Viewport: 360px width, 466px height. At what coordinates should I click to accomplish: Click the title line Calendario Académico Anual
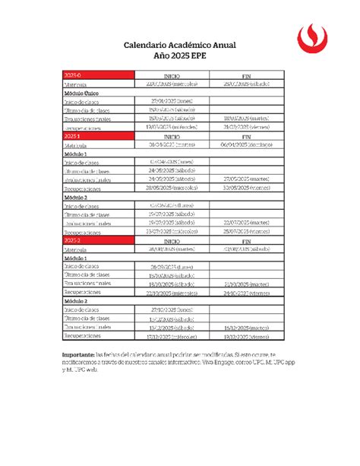[x=180, y=45]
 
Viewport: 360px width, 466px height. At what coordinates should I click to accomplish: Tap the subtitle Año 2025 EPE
[x=180, y=56]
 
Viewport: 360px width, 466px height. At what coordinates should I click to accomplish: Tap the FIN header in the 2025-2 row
[x=247, y=239]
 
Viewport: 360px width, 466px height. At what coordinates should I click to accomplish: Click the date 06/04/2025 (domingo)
[x=247, y=144]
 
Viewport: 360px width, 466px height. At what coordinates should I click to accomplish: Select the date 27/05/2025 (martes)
[x=247, y=179]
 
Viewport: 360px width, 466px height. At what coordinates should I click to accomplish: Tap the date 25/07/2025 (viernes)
[x=247, y=230]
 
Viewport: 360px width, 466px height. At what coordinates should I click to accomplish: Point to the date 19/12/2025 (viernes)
[x=247, y=334]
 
